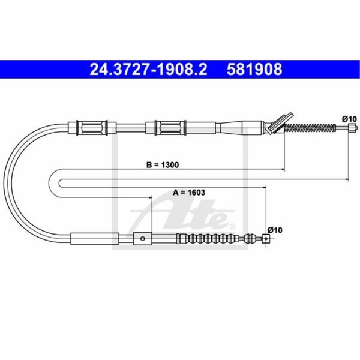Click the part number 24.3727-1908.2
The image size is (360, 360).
pos(148,70)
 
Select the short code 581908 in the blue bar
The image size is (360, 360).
pos(254,70)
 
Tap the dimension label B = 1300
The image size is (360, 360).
pos(163,165)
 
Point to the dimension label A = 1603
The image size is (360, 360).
pos(189,192)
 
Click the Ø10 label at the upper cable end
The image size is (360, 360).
pos(349,119)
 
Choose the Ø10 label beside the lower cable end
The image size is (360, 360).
pos(275,230)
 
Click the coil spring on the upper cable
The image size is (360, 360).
pos(310,128)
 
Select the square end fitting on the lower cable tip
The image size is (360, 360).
pos(266,239)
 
